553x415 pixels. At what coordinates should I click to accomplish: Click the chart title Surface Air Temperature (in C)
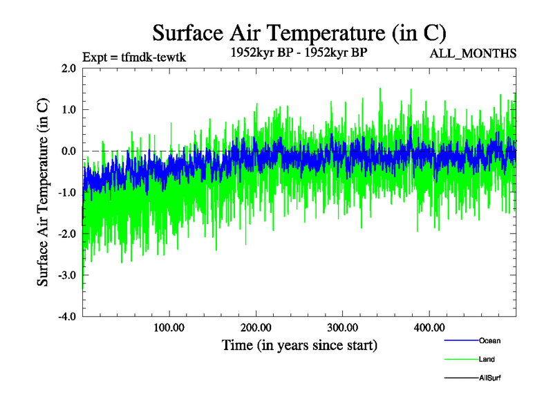(x=299, y=33)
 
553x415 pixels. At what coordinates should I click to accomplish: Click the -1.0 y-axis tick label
(x=66, y=193)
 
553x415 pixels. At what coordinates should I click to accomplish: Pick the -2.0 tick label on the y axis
(x=66, y=234)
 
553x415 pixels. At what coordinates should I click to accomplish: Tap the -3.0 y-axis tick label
(x=66, y=276)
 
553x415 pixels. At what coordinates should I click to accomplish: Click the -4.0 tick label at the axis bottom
(x=66, y=317)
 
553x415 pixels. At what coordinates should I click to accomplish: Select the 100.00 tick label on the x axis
(x=168, y=327)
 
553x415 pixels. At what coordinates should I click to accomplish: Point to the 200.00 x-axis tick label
(x=255, y=327)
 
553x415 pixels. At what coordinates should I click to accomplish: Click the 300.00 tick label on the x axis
(x=342, y=327)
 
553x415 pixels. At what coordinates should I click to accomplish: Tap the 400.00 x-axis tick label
(x=429, y=327)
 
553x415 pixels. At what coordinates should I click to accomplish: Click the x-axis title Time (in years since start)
(x=299, y=344)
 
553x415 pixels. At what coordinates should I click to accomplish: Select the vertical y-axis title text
(x=43, y=192)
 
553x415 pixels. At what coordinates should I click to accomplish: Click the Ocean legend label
(x=489, y=341)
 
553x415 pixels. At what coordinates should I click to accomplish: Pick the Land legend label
(x=487, y=360)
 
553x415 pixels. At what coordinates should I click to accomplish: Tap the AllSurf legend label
(x=489, y=378)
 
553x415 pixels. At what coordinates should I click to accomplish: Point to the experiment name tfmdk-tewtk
(x=153, y=57)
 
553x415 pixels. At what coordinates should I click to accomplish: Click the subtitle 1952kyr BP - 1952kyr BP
(x=299, y=53)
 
